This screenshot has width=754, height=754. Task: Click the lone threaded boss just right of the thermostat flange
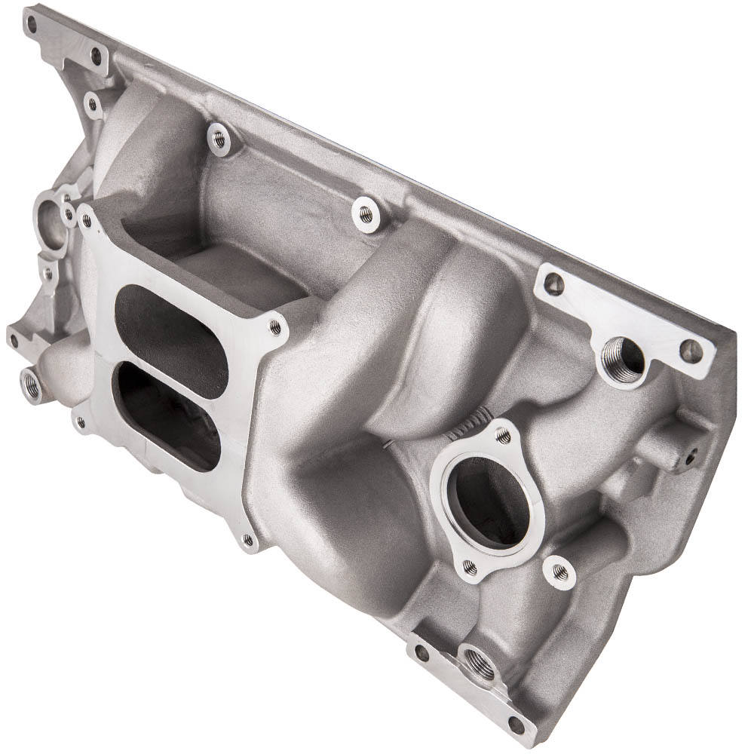tap(559, 572)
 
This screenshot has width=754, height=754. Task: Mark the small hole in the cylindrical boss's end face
tap(690, 455)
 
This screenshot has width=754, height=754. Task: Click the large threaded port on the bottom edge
tap(480, 664)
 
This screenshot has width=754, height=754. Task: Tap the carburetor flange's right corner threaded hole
tap(274, 327)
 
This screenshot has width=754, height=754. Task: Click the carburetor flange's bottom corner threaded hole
tap(247, 539)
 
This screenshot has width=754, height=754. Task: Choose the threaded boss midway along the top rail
tap(366, 213)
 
